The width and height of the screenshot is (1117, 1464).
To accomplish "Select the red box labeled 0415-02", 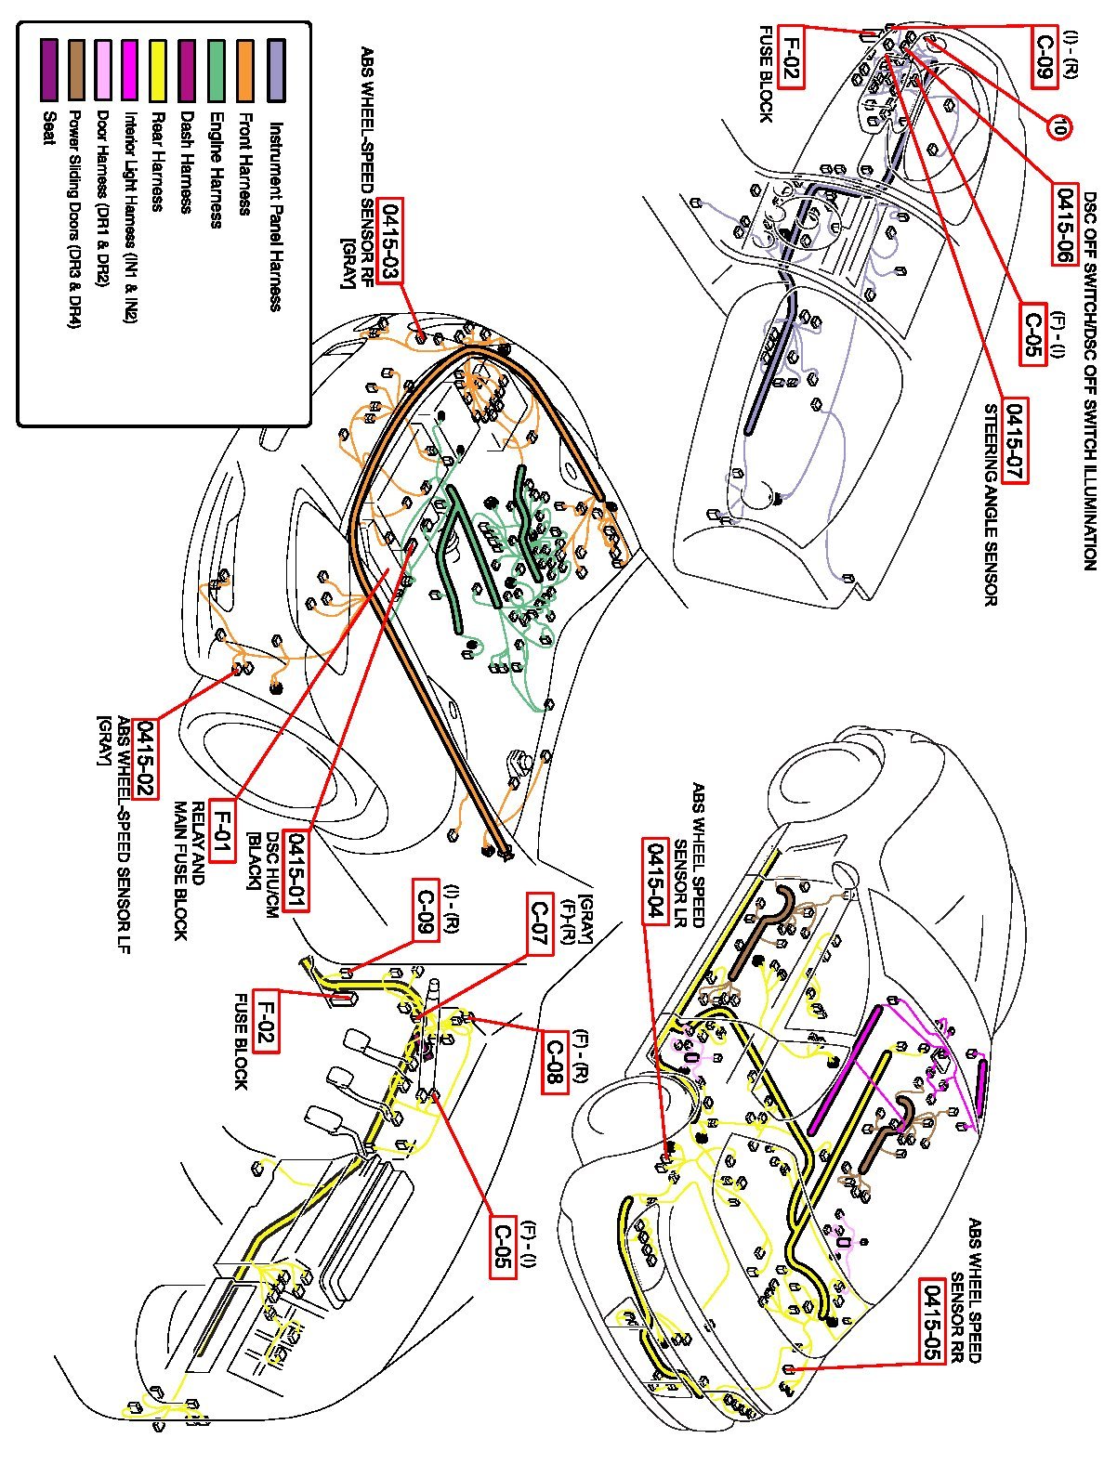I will click(147, 759).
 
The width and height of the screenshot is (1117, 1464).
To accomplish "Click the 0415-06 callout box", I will click(1065, 226).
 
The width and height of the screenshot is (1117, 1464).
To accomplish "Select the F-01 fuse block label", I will click(221, 830).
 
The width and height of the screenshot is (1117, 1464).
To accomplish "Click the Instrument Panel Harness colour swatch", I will click(276, 69).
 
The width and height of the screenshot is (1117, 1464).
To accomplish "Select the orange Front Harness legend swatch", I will click(246, 69).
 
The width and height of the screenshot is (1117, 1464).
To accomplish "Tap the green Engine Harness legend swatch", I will click(217, 69).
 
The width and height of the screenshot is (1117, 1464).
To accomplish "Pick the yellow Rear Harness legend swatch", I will click(157, 69).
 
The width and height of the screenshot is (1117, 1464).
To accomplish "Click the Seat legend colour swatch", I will click(49, 69).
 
